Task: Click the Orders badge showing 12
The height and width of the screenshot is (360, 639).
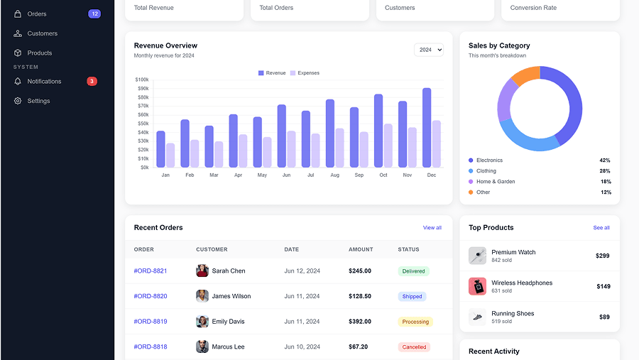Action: [94, 13]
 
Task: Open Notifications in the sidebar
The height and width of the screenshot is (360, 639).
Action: [44, 82]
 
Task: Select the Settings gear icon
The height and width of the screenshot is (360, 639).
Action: [18, 101]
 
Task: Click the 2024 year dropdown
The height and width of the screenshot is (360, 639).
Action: [429, 50]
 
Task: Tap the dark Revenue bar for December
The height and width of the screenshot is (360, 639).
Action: [427, 128]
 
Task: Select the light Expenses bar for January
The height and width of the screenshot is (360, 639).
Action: [170, 156]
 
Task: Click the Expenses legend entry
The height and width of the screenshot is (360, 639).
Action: [305, 73]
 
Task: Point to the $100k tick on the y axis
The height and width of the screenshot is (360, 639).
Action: [142, 80]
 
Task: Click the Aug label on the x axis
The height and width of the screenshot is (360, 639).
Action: [334, 175]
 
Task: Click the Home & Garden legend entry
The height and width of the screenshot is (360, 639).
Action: [496, 182]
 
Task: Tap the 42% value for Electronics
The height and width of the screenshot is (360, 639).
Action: [605, 160]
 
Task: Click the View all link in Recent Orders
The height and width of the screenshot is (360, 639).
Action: [432, 228]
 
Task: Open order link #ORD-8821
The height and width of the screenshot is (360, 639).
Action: [151, 271]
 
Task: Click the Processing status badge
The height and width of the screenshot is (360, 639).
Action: [415, 322]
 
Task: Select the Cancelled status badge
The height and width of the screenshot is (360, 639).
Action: [414, 347]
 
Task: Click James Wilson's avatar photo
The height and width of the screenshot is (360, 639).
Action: [202, 296]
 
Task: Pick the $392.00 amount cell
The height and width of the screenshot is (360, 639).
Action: [360, 322]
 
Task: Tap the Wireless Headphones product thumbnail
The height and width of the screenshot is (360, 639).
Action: [477, 286]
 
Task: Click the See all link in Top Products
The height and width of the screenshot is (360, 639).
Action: [601, 228]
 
